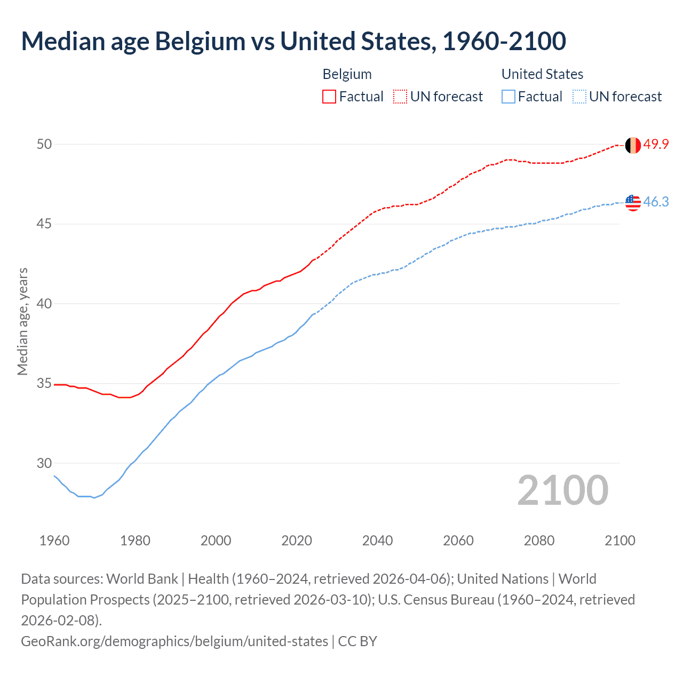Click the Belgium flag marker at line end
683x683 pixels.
tap(633, 145)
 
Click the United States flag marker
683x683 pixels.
tap(633, 202)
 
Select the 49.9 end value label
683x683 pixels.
tap(656, 144)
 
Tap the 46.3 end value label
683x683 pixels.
tap(656, 202)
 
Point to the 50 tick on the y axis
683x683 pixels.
tap(44, 144)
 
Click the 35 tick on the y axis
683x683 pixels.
tap(44, 384)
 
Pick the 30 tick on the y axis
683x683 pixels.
tap(44, 463)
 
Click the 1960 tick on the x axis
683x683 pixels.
tap(54, 541)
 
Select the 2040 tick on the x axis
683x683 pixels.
tap(377, 541)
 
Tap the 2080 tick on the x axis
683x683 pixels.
tap(539, 541)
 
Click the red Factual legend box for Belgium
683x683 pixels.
tap(329, 97)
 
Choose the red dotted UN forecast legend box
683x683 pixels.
tap(400, 97)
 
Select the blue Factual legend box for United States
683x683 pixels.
tap(509, 97)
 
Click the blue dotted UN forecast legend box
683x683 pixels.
tap(579, 97)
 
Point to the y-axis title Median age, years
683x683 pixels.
tap(22, 322)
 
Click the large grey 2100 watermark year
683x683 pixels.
tap(562, 490)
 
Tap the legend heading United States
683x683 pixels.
tap(542, 74)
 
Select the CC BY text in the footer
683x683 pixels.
tap(358, 641)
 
